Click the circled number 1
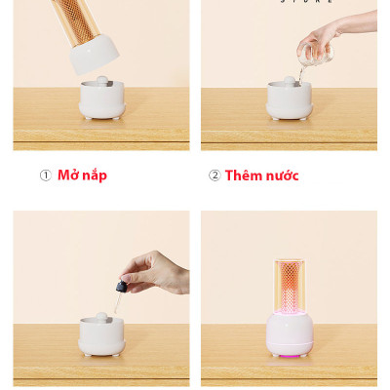coord(45,175)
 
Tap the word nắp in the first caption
coord(95,175)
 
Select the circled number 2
coord(214,175)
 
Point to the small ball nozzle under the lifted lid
coord(102,80)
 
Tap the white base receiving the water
coord(289,100)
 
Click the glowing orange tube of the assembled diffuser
coord(289,285)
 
